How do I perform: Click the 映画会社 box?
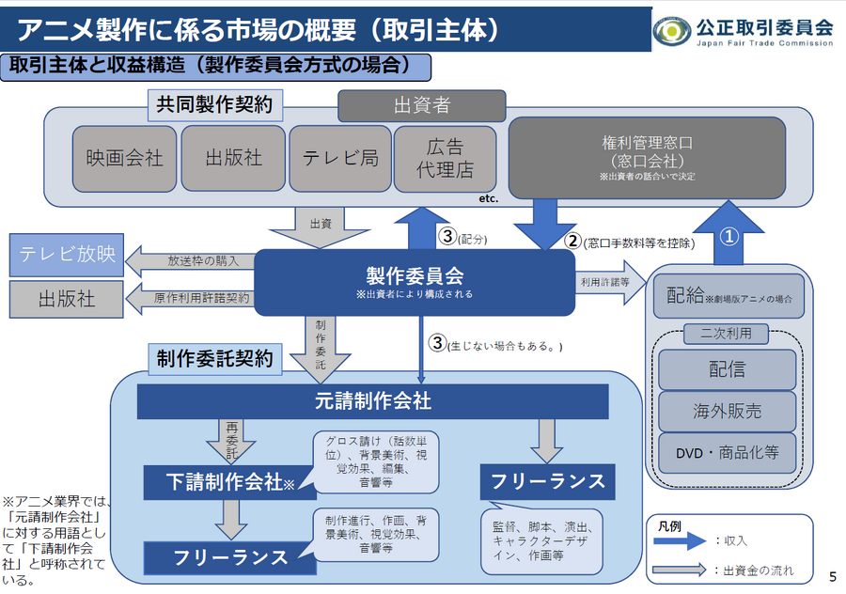click(124, 158)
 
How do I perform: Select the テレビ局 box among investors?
click(340, 158)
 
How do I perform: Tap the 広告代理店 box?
click(445, 158)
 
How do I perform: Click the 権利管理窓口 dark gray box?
click(647, 157)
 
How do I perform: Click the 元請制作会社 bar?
click(373, 401)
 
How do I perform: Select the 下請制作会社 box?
click(223, 482)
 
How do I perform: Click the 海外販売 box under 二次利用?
click(726, 411)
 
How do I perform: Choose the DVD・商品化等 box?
click(726, 452)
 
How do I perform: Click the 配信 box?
click(726, 369)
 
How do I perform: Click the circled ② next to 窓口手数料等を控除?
click(572, 241)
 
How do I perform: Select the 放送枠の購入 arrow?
click(193, 260)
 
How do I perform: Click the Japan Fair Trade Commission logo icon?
click(671, 32)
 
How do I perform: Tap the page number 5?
click(832, 574)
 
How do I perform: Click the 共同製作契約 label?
click(215, 104)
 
